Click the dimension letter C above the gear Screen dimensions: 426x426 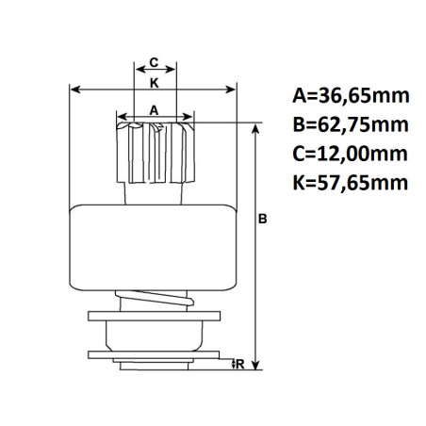click(x=153, y=63)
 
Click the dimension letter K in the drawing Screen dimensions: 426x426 click(x=153, y=82)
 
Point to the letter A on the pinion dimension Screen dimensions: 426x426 click(x=153, y=109)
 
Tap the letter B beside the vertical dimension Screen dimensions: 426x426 click(x=264, y=219)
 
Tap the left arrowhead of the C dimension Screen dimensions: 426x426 click(x=134, y=72)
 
